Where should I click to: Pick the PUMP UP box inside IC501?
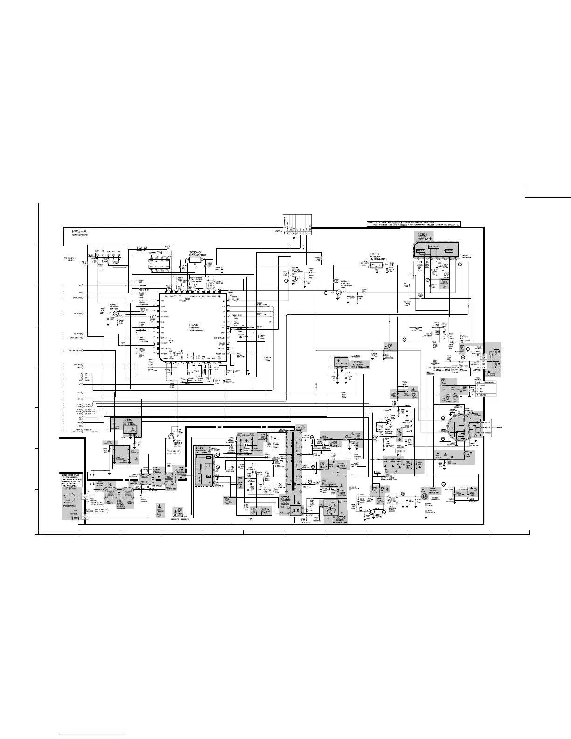tap(448, 251)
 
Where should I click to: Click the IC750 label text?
tap(128, 421)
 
